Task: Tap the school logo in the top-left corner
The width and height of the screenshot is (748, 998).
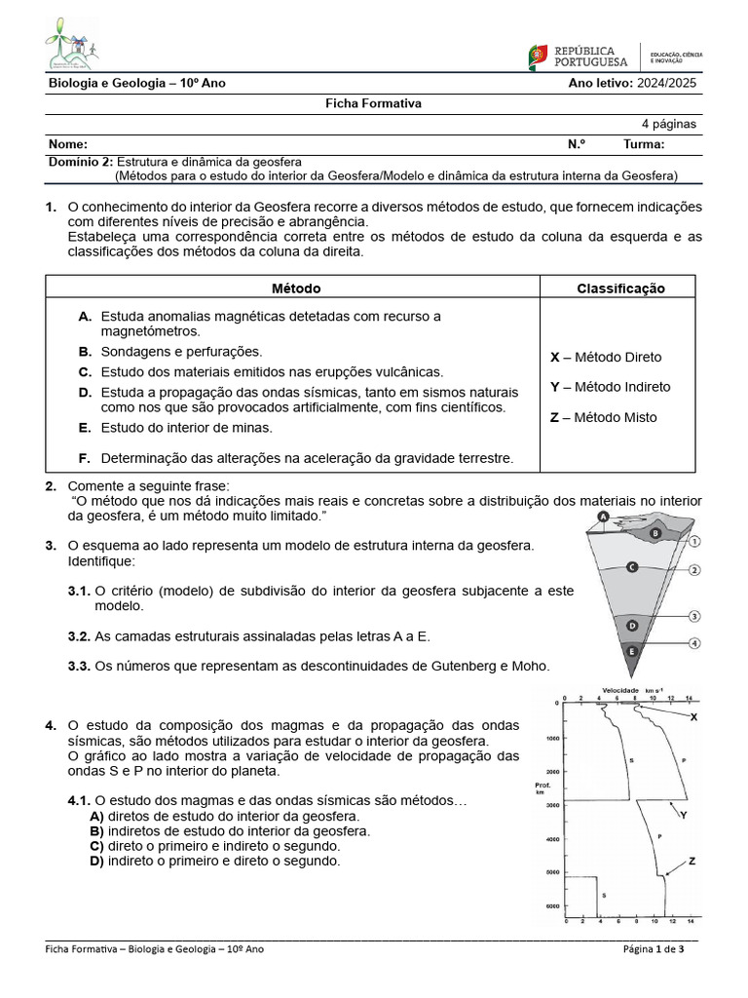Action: click(x=71, y=44)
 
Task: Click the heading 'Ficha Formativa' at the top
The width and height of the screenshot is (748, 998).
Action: click(x=372, y=103)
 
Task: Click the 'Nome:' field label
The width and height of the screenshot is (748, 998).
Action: click(x=67, y=143)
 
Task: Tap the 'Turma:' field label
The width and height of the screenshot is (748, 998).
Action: click(x=644, y=143)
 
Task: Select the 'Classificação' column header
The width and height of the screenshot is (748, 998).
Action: click(x=620, y=288)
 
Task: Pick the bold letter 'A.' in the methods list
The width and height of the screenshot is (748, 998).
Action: click(x=85, y=316)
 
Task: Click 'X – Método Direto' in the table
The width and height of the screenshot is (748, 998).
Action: click(x=605, y=357)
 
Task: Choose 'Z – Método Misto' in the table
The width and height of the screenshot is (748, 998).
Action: click(x=603, y=417)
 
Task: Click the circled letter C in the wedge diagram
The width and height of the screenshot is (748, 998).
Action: click(x=632, y=566)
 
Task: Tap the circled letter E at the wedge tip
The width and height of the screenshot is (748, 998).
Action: click(x=632, y=650)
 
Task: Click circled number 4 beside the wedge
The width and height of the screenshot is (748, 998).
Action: click(x=694, y=643)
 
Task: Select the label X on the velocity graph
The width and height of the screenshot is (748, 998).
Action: click(x=693, y=716)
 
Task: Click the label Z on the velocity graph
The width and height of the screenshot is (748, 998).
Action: click(x=692, y=861)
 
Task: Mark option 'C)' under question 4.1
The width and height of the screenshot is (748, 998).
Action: click(x=96, y=847)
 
